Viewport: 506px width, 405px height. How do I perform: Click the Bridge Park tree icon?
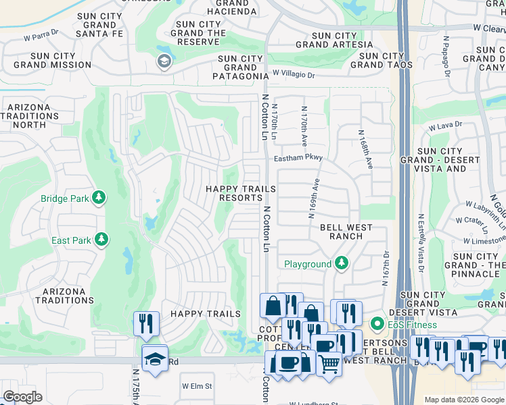tap(99, 198)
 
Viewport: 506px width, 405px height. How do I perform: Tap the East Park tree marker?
tap(101, 240)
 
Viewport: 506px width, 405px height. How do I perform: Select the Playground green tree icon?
tap(342, 263)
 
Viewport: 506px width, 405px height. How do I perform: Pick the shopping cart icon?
tap(329, 363)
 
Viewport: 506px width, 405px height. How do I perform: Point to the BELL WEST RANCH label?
tap(346, 232)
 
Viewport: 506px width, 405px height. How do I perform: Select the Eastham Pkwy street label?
tap(298, 158)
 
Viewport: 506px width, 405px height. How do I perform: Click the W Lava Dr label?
tap(445, 125)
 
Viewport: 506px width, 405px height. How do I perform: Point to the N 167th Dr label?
tap(386, 269)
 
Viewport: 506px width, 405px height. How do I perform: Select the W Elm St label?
tap(197, 386)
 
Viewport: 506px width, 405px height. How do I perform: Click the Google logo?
tap(22, 397)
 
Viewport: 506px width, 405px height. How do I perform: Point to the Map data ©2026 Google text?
tap(463, 400)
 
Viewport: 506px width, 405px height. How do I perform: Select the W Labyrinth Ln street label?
tap(485, 207)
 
